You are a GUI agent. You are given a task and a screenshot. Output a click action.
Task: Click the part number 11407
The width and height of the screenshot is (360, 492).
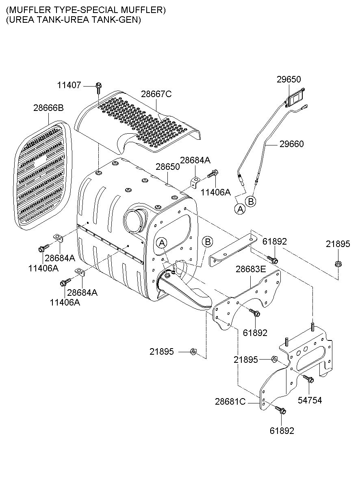coord(69,85)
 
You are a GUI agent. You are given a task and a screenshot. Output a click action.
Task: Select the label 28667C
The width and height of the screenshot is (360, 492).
coord(156,94)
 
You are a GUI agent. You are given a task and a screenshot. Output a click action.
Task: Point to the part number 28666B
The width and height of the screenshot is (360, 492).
coord(48,108)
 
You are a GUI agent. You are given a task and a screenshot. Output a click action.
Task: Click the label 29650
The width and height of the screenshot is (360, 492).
coord(288,79)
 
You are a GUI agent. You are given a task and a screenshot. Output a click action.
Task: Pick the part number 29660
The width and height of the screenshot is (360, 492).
coord(291,144)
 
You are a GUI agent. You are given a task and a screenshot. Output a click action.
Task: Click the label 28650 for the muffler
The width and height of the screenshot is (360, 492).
coord(167,167)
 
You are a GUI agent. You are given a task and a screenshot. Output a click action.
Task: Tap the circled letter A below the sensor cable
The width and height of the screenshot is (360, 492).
coord(240,209)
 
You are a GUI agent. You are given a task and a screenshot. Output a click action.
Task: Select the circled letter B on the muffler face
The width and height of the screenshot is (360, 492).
coord(207,242)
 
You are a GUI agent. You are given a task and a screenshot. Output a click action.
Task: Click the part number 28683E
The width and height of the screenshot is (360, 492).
coord(251,269)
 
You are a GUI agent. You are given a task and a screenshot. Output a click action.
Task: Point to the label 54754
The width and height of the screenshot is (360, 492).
coord(310,400)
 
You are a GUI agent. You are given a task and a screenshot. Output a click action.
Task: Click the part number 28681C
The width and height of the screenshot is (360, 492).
coord(230,401)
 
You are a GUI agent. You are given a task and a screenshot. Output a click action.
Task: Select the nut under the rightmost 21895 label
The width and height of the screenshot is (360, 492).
coord(338,264)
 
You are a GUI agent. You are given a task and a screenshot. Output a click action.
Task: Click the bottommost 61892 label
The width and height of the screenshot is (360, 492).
coord(282,431)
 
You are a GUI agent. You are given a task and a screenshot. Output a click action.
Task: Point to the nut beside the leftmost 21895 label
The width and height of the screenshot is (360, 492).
coord(193,351)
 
